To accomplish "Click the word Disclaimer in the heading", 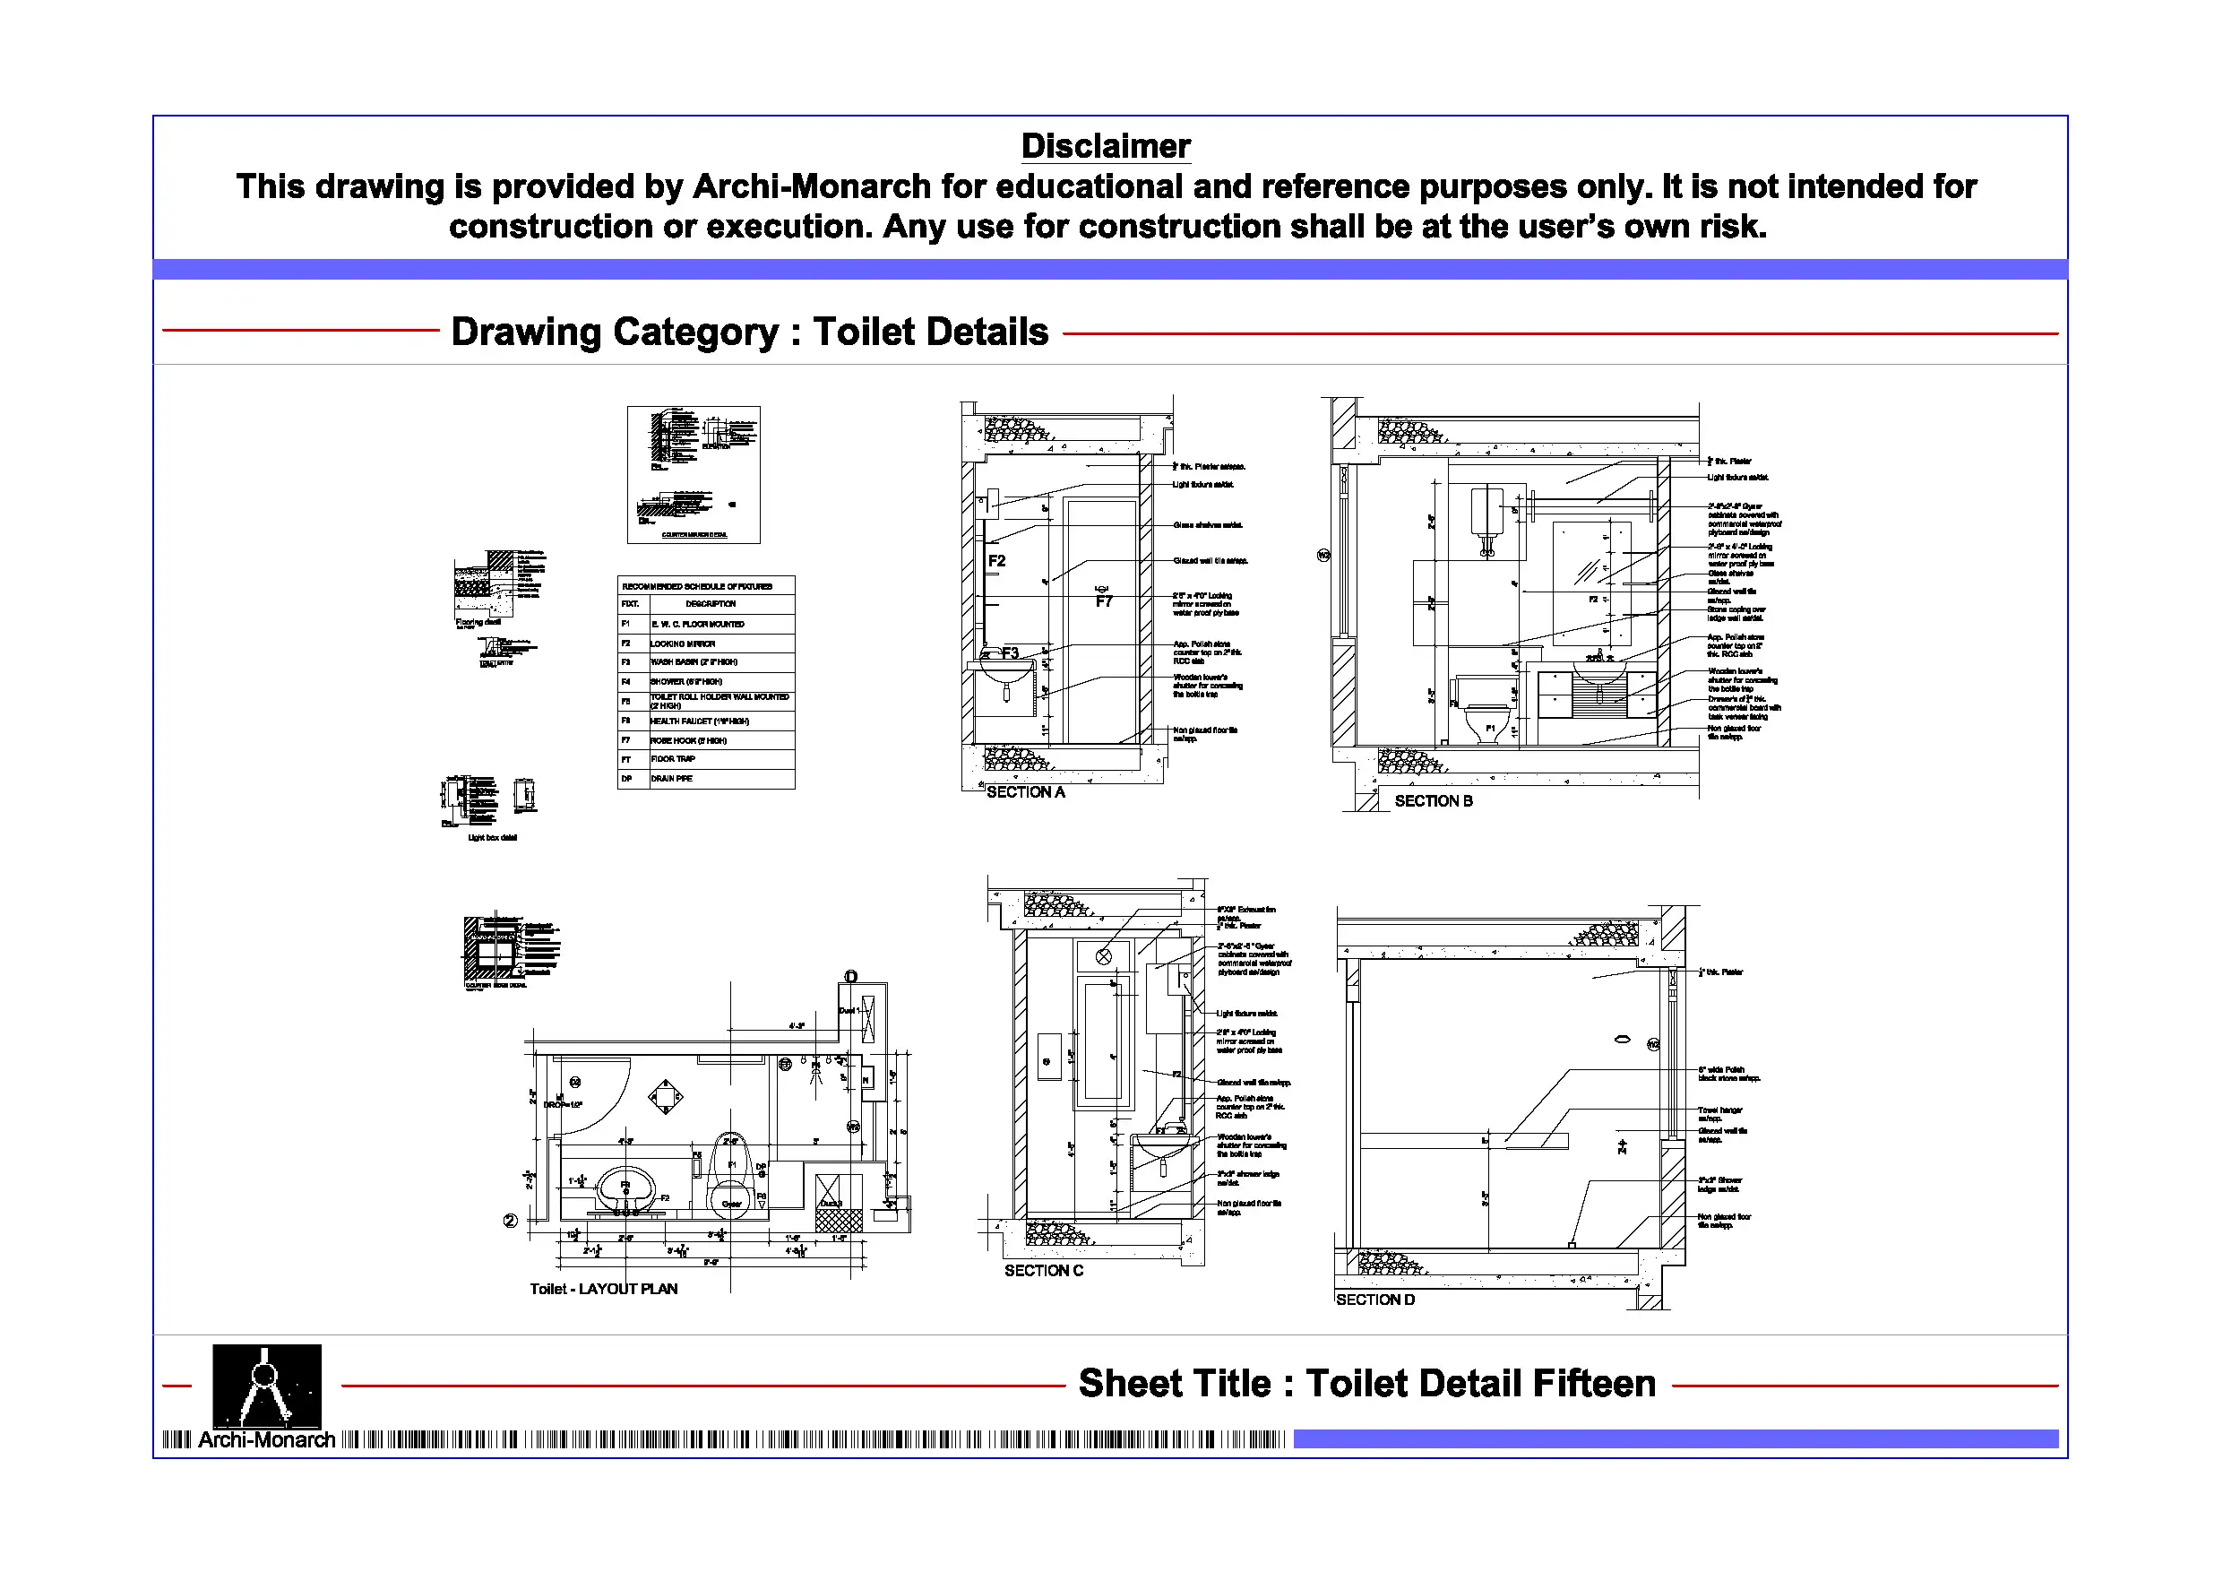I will click(1106, 146).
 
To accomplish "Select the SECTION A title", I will click(1025, 792).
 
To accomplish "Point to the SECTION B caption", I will click(1433, 801).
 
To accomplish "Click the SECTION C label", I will click(1044, 1270).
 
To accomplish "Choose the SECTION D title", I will click(1374, 1299).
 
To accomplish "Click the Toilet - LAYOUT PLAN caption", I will click(603, 1288).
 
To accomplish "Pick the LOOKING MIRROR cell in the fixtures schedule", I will click(683, 643).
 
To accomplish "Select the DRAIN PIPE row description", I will click(671, 779).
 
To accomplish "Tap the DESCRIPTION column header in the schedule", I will click(711, 603).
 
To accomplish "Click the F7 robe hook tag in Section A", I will click(1104, 601).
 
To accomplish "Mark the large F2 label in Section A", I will click(996, 561).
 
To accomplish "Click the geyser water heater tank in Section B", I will click(1486, 515).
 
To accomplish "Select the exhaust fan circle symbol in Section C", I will click(1104, 957).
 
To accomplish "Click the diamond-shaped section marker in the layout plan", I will click(665, 1097).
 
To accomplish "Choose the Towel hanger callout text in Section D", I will click(1719, 1113).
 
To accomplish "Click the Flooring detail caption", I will click(478, 623).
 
